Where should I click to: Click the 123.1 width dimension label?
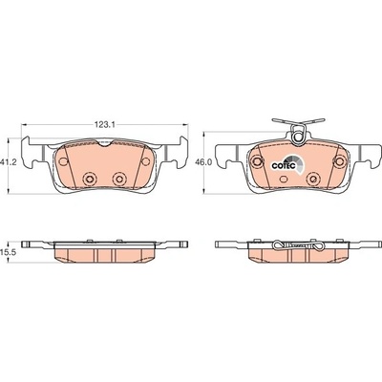click(104, 125)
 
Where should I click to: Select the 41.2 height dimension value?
click(7, 161)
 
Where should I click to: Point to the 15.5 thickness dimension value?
click(7, 252)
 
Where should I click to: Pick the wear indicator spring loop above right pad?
click(299, 137)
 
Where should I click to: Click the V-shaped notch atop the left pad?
click(104, 143)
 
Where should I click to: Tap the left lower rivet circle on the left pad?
click(89, 178)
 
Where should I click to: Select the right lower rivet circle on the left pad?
click(119, 178)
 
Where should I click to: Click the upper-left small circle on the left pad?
click(63, 161)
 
